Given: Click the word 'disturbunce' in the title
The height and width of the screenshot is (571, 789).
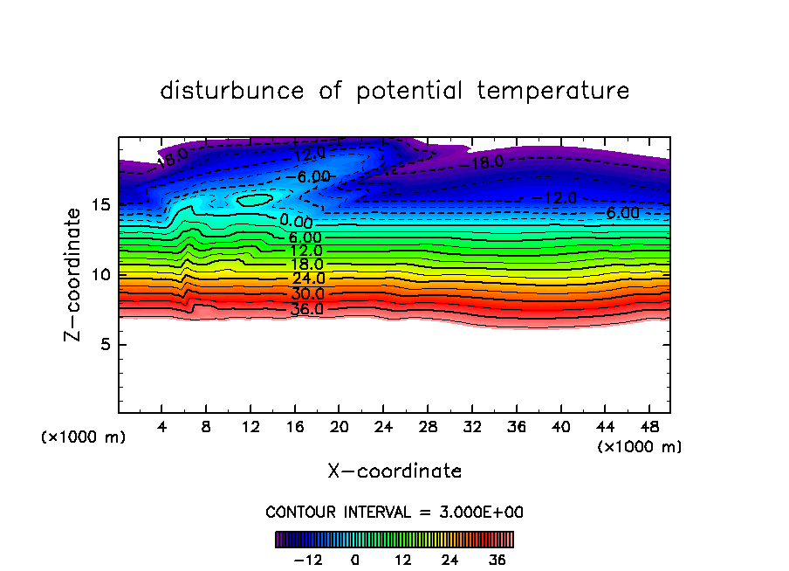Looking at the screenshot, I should [232, 91].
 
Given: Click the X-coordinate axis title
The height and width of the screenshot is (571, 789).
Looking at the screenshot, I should [394, 471].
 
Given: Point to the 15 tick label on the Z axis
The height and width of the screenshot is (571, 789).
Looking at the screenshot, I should [102, 205].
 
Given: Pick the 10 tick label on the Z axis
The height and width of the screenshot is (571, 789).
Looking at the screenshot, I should [102, 275].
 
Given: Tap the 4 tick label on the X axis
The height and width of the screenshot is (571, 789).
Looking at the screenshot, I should [162, 427].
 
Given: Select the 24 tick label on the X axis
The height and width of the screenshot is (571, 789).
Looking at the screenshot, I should [383, 427].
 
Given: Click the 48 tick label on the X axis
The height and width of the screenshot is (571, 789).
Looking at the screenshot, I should [648, 427].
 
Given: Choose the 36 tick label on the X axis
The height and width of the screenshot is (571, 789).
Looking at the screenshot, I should [515, 427].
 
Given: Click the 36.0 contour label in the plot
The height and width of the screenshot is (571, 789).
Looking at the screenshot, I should [307, 308].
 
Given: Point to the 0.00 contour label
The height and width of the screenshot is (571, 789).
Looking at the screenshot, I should [296, 222].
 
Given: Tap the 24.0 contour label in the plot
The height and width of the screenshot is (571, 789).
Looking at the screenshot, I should [307, 279].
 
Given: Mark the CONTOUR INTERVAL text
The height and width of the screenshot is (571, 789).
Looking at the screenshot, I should [394, 512].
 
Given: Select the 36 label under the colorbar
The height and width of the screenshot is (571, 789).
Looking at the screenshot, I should [497, 560].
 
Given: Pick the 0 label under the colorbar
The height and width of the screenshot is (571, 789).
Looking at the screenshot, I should [355, 560].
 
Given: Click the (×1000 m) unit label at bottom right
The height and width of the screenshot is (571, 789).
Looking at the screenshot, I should [640, 446].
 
